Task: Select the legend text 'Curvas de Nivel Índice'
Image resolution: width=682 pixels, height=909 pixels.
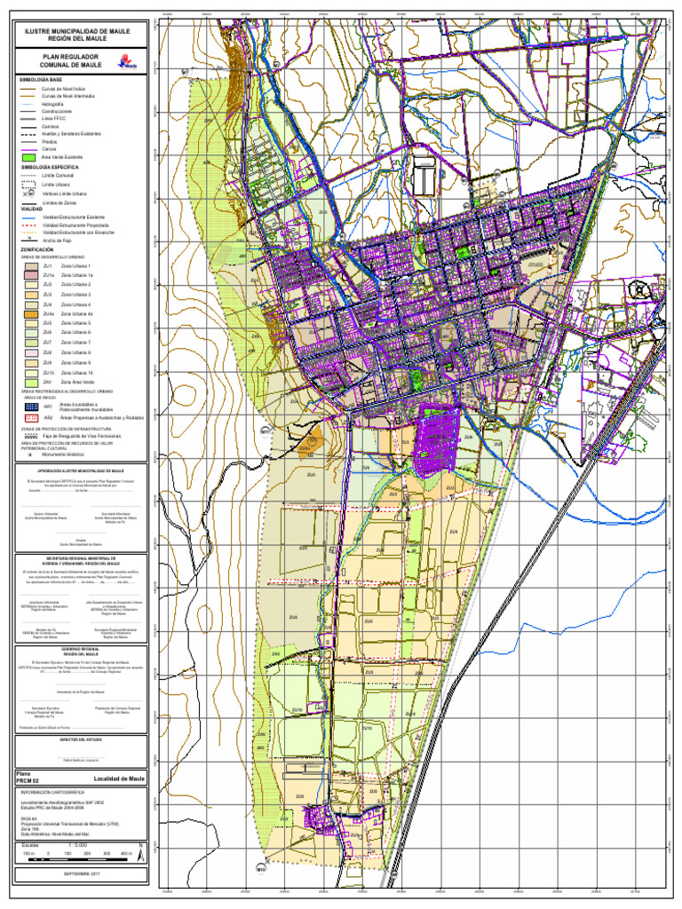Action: pos(61,88)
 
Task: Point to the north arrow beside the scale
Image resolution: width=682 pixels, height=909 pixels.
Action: pos(139,853)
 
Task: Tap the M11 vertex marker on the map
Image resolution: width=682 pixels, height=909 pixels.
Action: pos(265,431)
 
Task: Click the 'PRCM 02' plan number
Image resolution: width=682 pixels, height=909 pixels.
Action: pos(28,781)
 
